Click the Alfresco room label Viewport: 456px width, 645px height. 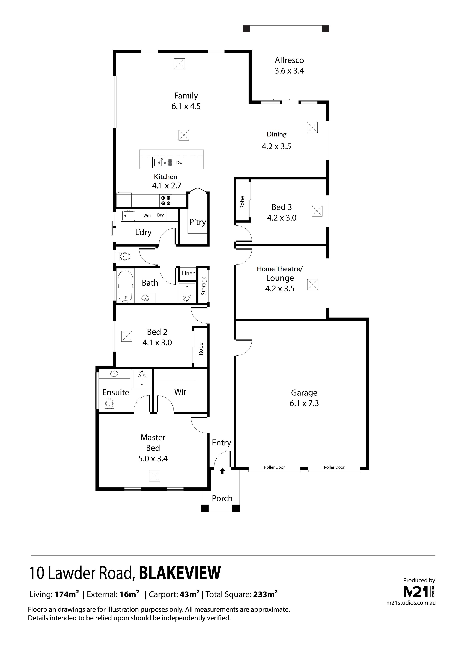point(289,60)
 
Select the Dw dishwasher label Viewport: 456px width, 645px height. point(179,163)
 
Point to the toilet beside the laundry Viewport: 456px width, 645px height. point(124,256)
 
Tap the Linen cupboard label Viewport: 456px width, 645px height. point(189,273)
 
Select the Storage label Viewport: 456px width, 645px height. point(204,286)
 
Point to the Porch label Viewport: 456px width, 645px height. point(222,498)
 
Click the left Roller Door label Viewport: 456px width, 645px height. point(274,467)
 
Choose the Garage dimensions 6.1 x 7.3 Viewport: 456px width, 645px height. point(304,403)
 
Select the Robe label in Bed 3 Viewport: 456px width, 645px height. point(242,202)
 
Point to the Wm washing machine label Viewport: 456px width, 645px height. point(147,215)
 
